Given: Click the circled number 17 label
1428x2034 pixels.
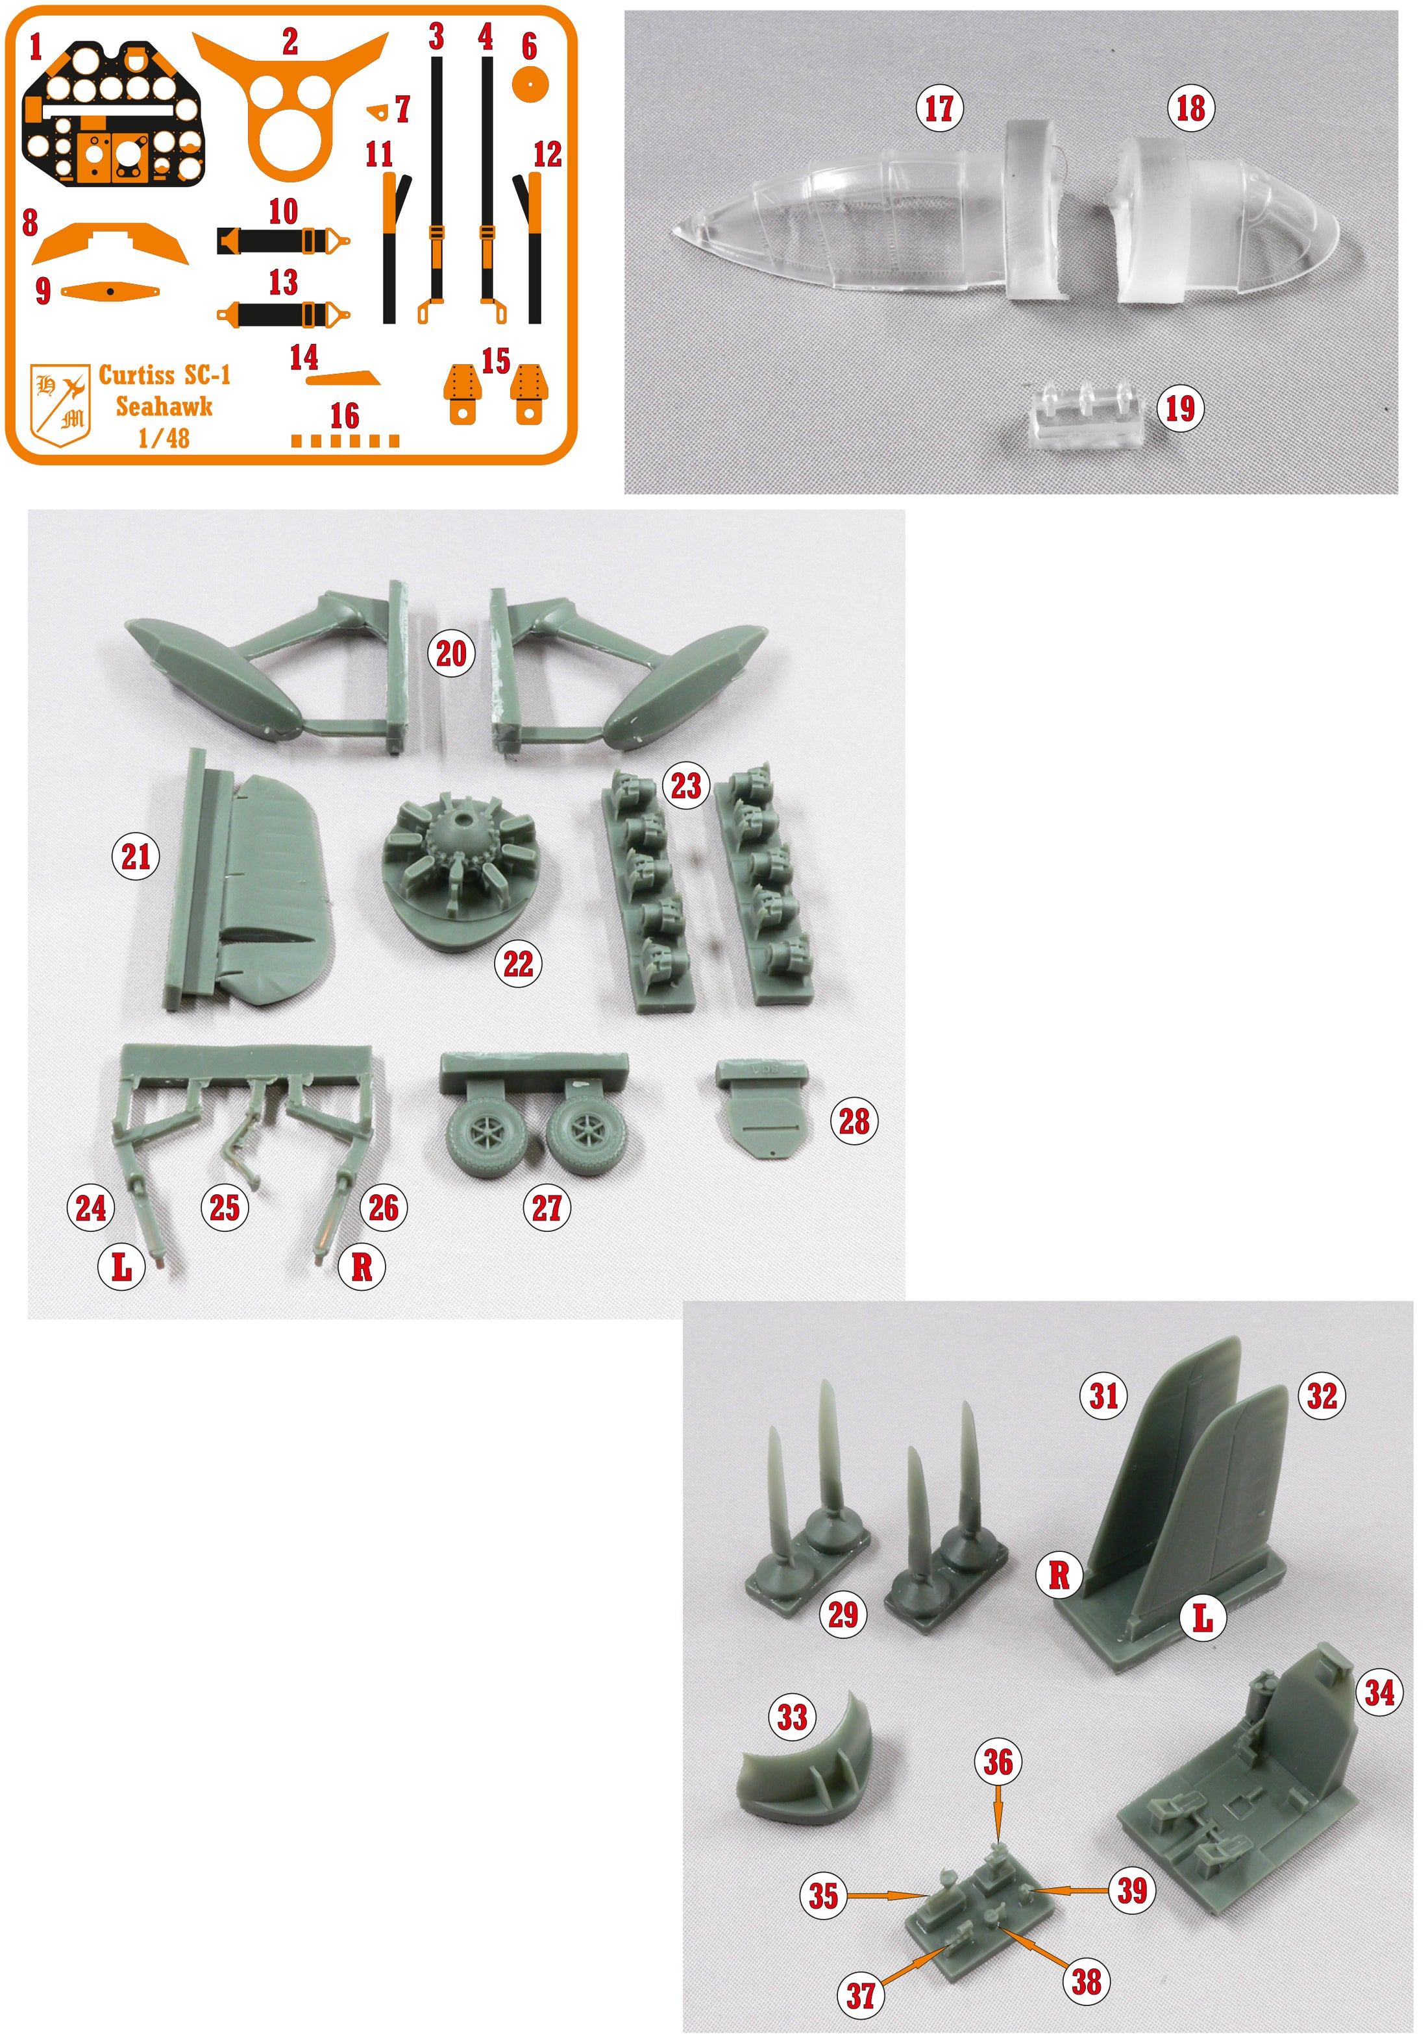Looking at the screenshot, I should coord(939,109).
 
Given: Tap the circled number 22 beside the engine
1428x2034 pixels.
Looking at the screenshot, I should coord(518,963).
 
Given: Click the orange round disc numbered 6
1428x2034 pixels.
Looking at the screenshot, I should coord(530,85).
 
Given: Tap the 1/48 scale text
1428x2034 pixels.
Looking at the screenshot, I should coord(164,437).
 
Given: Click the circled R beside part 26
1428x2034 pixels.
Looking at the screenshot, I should coord(362,1267).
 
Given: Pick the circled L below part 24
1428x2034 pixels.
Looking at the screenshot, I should coord(121,1267).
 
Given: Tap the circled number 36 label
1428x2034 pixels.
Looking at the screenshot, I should coord(998,1762).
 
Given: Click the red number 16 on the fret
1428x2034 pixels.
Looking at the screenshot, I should coord(345,415).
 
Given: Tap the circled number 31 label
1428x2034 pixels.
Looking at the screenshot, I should coord(1103,1396).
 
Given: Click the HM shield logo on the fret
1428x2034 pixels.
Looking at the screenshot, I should coord(60,403).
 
